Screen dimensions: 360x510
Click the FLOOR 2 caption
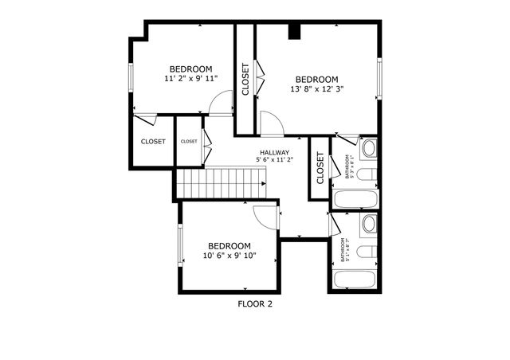pos(255,303)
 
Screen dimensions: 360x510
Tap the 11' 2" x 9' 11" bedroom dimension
pos(190,79)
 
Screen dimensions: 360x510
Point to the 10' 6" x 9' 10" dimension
pos(229,256)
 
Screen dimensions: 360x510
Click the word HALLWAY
pos(274,152)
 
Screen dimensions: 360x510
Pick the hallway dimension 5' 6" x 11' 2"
pos(274,160)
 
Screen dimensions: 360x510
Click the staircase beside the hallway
pos(221,183)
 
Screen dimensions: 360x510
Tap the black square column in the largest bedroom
pos(294,32)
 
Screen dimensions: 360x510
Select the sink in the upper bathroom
pos(370,149)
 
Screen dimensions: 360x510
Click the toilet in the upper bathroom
pos(366,175)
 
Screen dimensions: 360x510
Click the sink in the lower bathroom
pos(370,225)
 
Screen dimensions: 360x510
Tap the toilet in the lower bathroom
pos(366,252)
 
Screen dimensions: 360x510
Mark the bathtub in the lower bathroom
pos(355,280)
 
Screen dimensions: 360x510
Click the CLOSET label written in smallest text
pos(189,141)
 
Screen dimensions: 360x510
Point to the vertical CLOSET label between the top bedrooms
pos(245,79)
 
